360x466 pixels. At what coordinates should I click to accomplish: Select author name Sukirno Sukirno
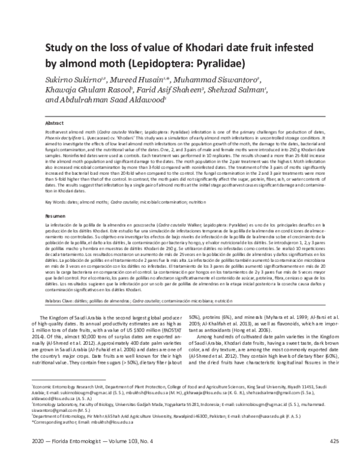[66, 78]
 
